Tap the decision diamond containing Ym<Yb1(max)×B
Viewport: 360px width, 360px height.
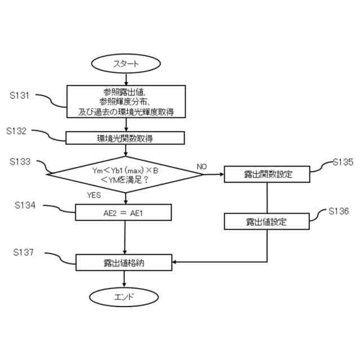pos(125,174)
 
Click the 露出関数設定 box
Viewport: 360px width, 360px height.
pos(267,174)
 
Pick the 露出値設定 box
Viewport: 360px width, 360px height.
pos(267,221)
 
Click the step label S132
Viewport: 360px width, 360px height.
pos(21,130)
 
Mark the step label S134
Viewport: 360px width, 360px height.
pos(21,206)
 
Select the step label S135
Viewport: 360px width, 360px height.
pos(341,162)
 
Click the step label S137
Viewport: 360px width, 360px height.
pos(21,253)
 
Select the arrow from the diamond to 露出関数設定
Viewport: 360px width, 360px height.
pos(214,174)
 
